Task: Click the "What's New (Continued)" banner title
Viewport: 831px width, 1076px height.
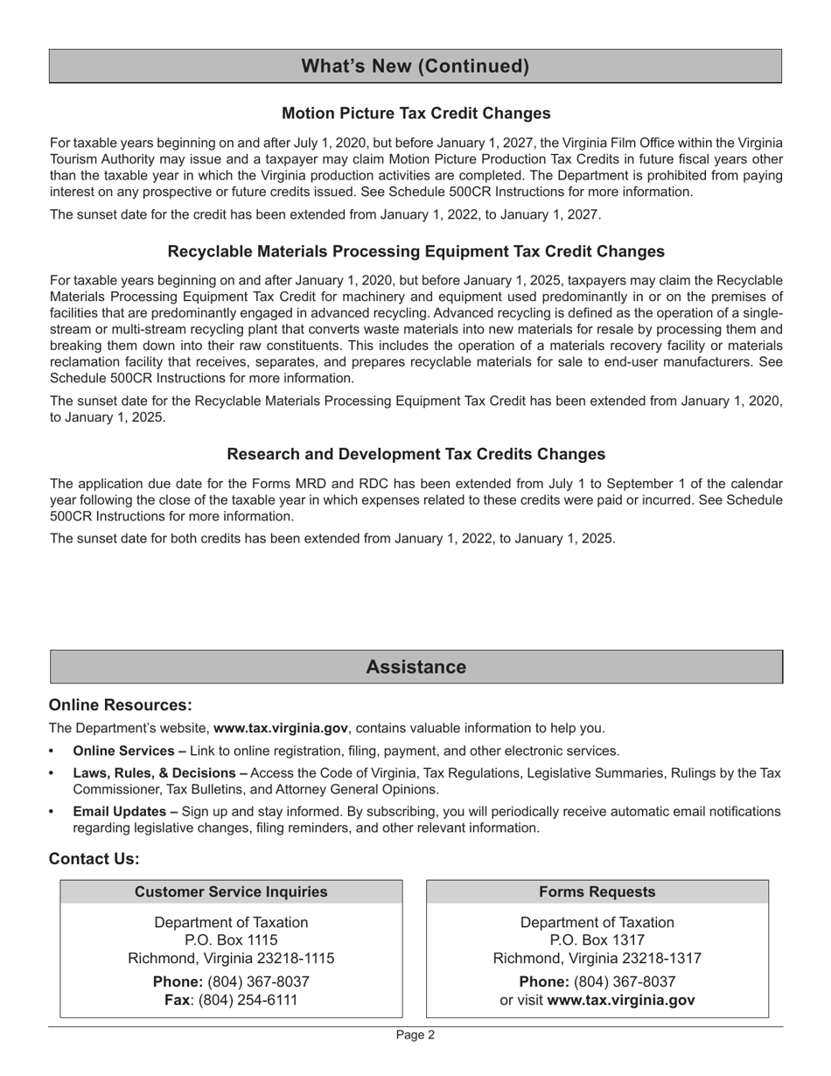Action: point(415,66)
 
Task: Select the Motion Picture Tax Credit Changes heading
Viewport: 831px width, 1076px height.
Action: point(415,113)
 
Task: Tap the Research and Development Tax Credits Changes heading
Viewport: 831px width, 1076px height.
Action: point(415,454)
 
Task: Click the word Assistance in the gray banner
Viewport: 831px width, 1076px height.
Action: point(415,667)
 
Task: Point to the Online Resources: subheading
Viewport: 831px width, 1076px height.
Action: point(120,705)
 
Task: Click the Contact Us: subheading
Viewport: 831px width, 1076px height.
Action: point(94,859)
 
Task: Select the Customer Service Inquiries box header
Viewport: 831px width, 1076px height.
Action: point(231,891)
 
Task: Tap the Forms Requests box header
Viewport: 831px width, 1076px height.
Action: point(597,891)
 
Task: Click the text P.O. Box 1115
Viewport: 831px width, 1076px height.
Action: point(231,940)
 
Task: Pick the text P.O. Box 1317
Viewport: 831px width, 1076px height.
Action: point(597,940)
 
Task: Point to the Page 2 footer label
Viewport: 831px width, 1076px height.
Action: point(415,1035)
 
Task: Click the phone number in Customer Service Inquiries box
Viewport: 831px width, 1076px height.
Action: point(258,982)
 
